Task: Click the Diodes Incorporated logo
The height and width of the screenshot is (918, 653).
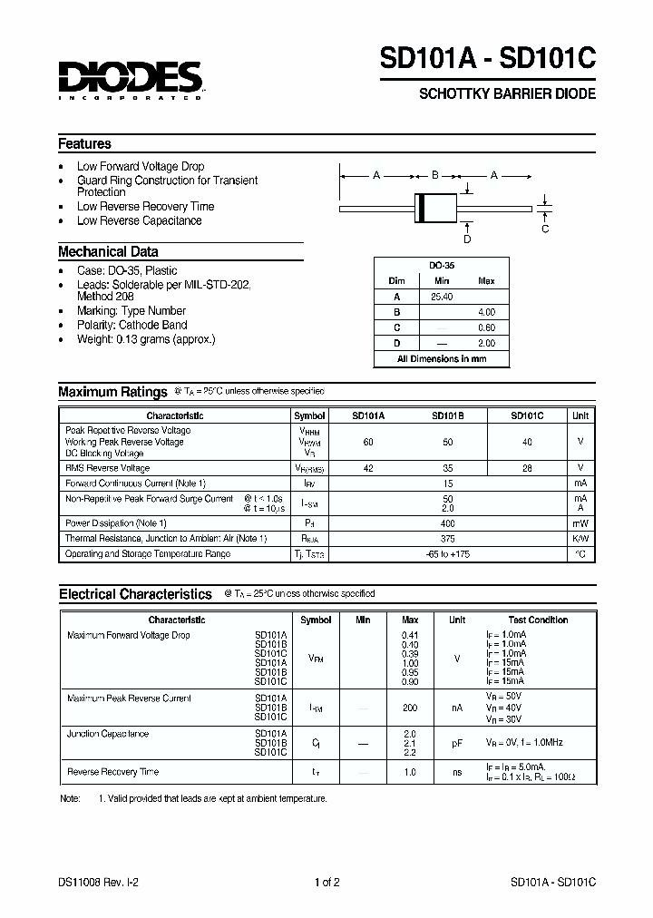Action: (x=130, y=79)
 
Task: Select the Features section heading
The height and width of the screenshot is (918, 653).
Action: (x=84, y=143)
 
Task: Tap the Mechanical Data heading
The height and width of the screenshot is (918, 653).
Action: (x=108, y=252)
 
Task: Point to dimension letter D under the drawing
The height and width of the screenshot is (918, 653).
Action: (x=467, y=239)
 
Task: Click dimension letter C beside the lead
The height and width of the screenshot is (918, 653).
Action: (x=545, y=229)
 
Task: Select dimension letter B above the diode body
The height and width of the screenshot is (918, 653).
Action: (x=434, y=175)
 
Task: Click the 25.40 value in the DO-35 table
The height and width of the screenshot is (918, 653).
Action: (x=442, y=297)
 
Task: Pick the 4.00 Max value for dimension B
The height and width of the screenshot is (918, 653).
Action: (x=486, y=312)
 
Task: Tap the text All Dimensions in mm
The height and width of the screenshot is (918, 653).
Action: (x=442, y=359)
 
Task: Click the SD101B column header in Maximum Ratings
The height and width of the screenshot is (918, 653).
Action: (x=448, y=415)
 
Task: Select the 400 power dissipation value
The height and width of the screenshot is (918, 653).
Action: (x=447, y=523)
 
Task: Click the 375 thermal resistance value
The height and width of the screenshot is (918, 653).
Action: (x=447, y=538)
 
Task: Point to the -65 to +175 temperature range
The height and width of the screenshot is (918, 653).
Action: (x=447, y=553)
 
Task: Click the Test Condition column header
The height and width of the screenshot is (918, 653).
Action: (x=538, y=620)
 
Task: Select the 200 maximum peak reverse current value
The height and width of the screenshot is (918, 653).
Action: (x=410, y=706)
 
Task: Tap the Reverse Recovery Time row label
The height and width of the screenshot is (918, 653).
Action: (x=112, y=772)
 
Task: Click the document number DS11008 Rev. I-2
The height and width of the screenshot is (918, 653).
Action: (x=98, y=882)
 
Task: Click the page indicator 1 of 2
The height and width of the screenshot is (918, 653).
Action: (x=326, y=882)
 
